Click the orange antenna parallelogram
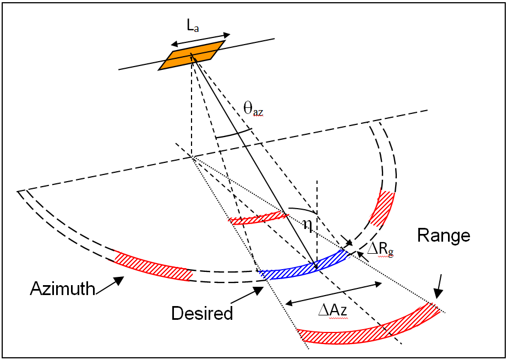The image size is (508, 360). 192,55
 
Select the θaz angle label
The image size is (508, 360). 253,110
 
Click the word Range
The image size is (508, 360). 444,236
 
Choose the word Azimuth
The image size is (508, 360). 62,288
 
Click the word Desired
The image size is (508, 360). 202,313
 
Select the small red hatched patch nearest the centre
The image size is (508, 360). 258,219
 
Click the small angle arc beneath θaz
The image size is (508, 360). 233,134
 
